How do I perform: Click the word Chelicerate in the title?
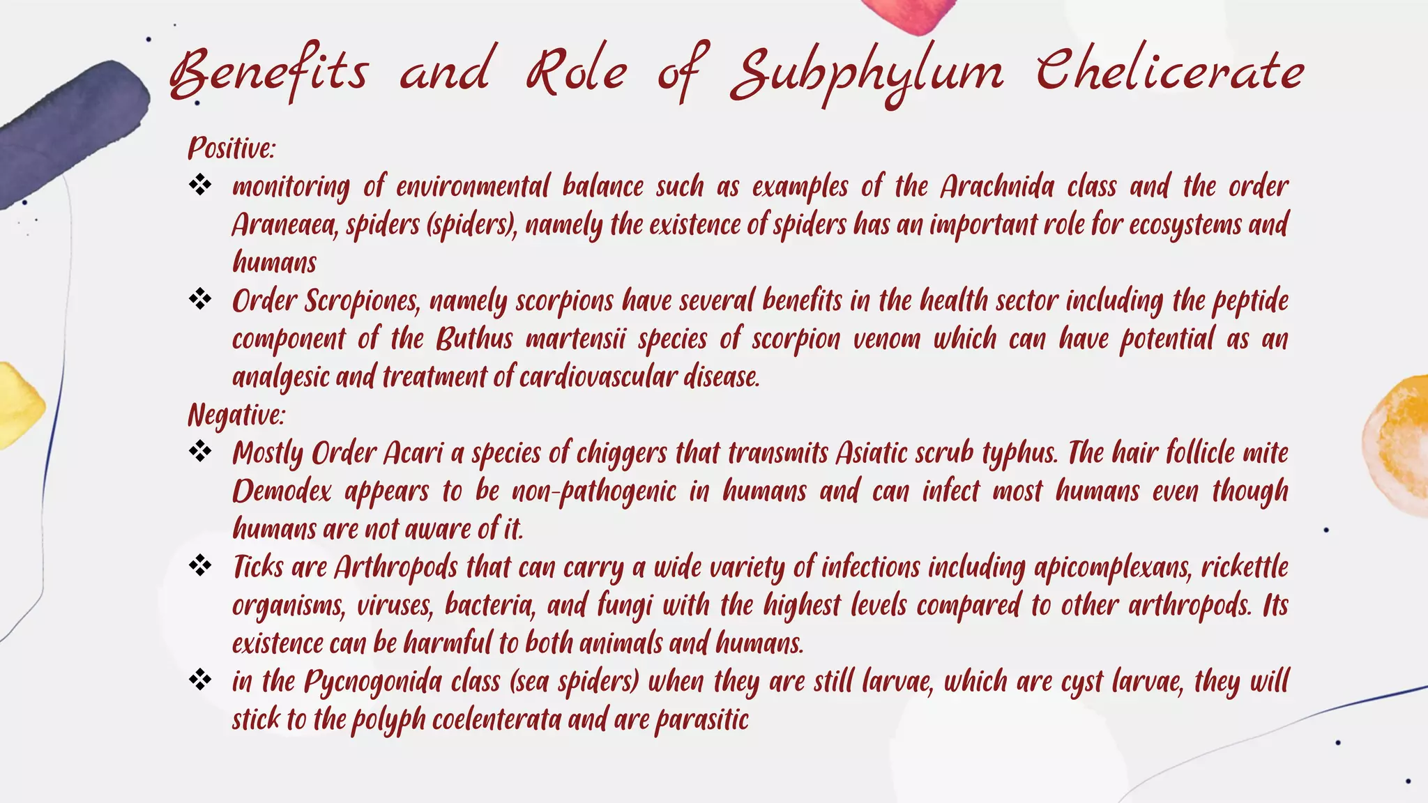point(1169,72)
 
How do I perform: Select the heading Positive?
point(231,148)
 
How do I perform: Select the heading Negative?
point(236,415)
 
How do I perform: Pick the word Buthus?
point(474,339)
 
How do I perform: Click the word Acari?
point(413,453)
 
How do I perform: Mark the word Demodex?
point(282,491)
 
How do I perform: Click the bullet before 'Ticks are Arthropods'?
point(200,565)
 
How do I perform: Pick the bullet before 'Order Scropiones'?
point(200,299)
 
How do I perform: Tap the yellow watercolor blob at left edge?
point(17,404)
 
